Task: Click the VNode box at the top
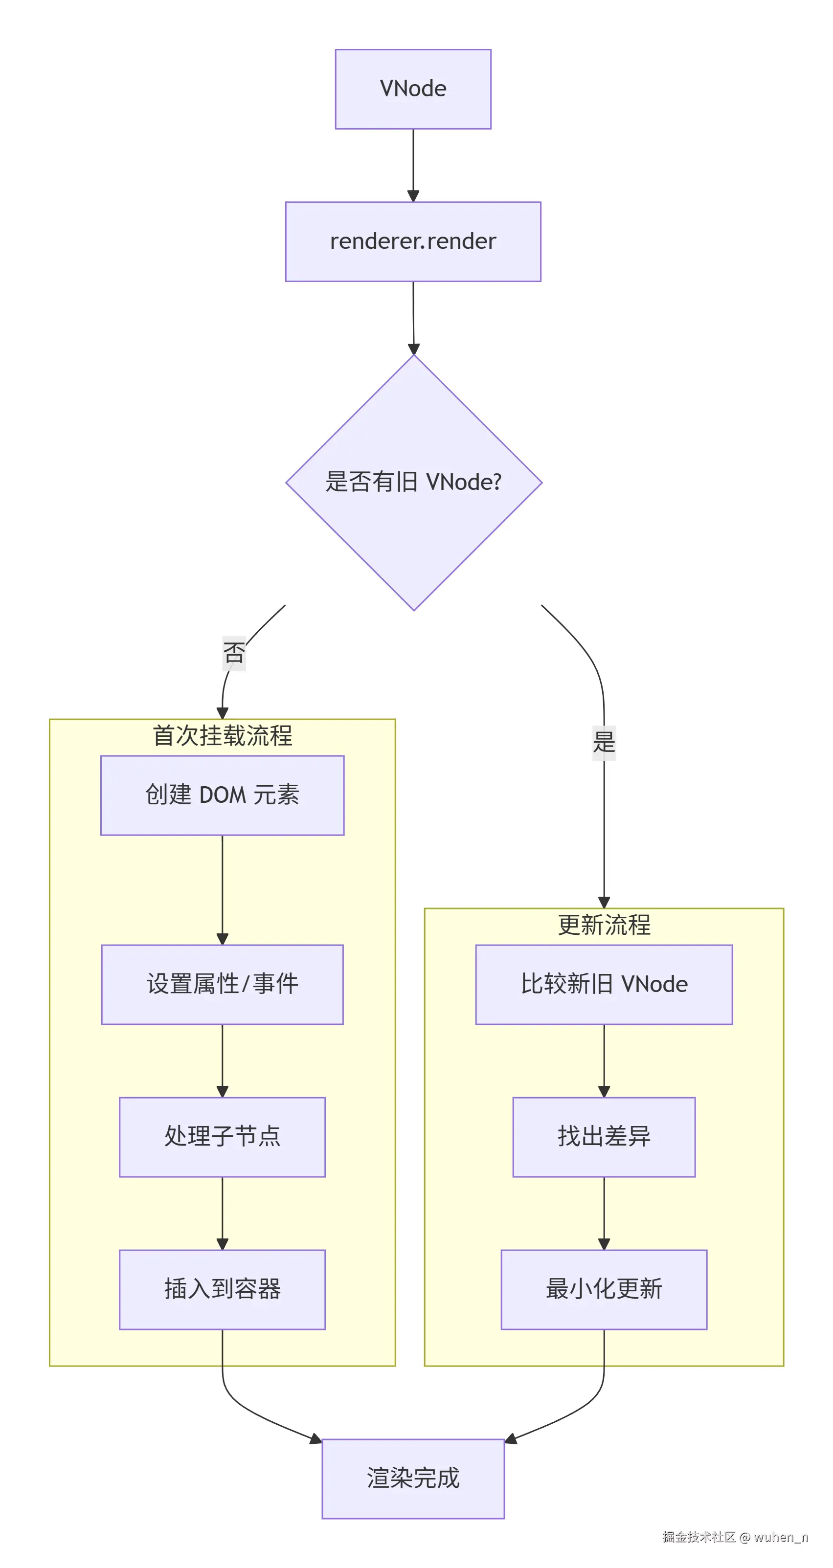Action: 413,89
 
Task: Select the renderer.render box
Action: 413,242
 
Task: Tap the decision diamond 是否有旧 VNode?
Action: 413,482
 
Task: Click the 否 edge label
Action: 234,653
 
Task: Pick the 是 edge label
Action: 604,743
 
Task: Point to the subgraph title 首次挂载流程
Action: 222,736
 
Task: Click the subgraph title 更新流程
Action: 604,925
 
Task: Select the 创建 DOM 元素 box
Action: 222,795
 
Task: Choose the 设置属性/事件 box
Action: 222,984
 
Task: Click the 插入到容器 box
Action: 222,1289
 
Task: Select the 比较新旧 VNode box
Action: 604,984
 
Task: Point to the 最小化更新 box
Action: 604,1289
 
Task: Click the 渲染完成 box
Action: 413,1479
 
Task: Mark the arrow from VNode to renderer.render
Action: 413,165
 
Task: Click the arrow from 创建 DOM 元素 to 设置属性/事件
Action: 222,889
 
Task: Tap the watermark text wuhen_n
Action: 781,1537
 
